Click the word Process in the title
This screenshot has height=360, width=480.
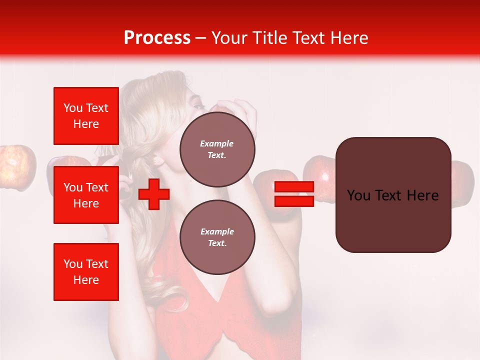click(x=157, y=38)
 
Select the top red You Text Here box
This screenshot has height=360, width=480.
click(x=86, y=116)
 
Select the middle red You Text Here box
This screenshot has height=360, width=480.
click(x=86, y=195)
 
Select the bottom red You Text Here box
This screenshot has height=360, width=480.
click(x=86, y=272)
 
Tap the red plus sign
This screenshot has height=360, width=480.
click(x=153, y=194)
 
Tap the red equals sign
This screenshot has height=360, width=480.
click(x=294, y=194)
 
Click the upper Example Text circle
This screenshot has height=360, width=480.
click(x=217, y=149)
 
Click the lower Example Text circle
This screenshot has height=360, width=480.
click(x=217, y=237)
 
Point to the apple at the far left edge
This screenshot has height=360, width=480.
click(x=17, y=167)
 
